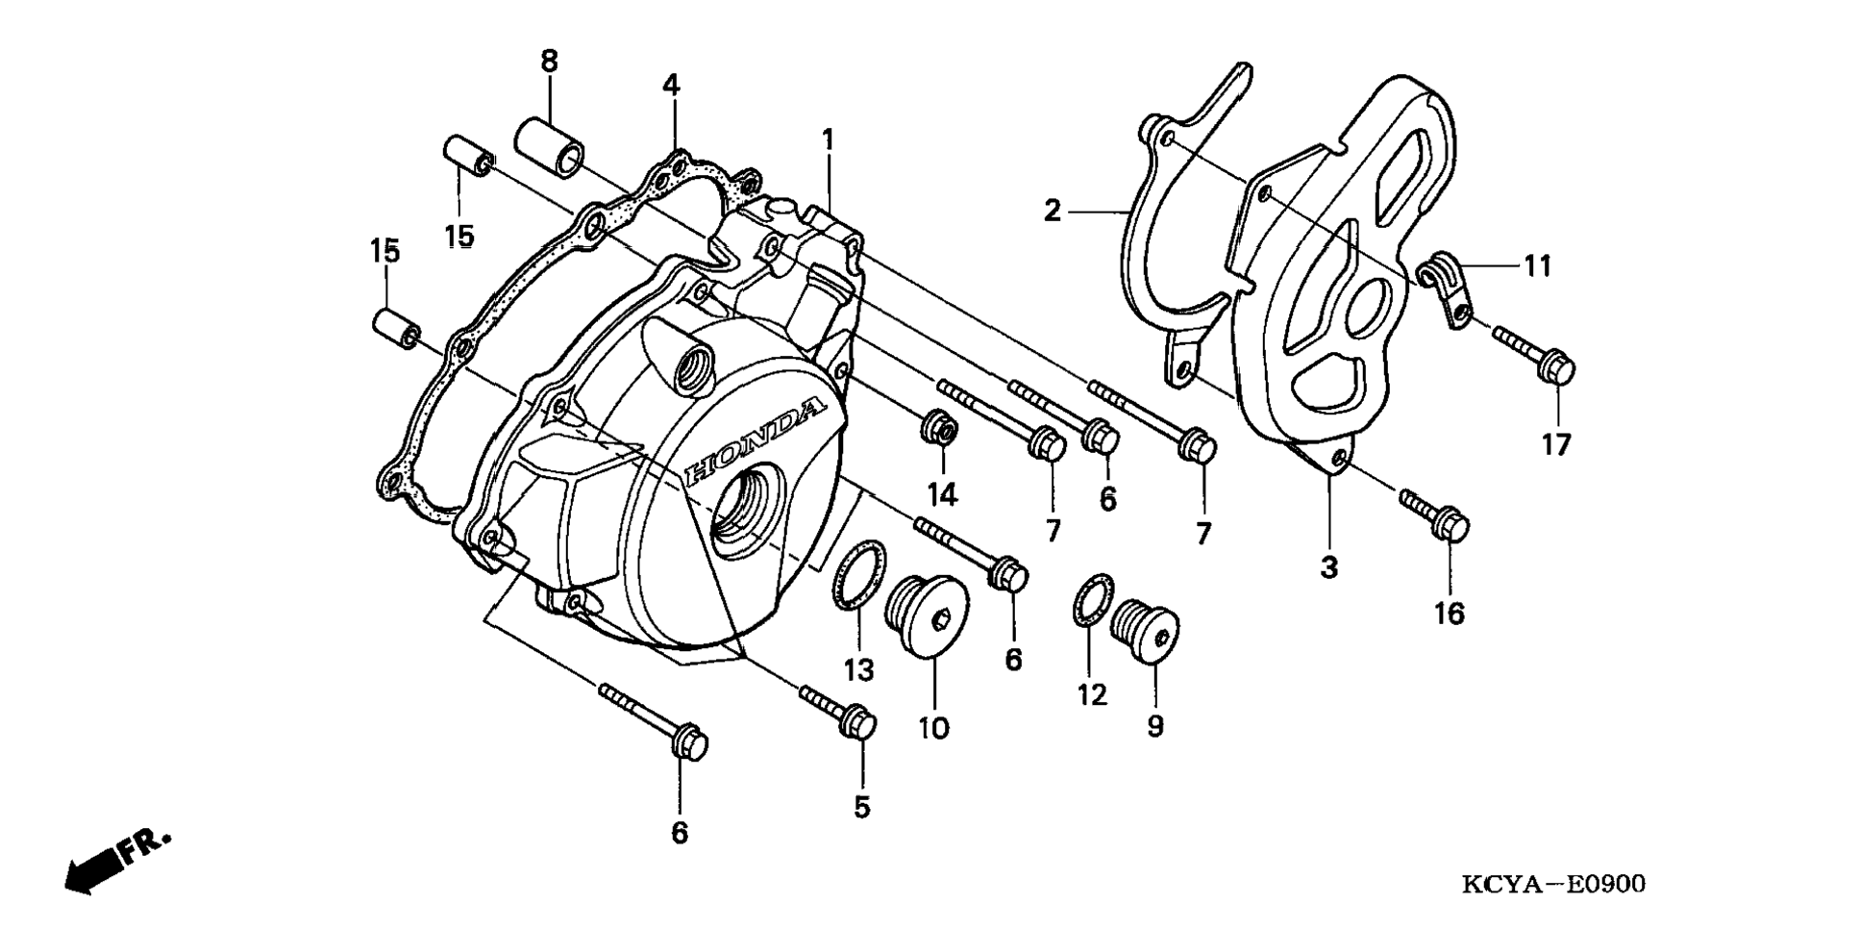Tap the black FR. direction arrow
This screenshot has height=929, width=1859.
click(116, 860)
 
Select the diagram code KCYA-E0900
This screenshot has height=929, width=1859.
click(1553, 884)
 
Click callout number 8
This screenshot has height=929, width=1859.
click(549, 63)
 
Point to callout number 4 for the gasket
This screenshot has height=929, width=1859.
click(670, 86)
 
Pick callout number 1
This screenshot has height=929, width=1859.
click(828, 140)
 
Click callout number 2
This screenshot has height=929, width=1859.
click(1053, 211)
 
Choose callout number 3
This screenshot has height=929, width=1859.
click(1328, 568)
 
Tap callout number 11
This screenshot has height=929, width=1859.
click(1538, 266)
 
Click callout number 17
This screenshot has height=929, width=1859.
click(1556, 444)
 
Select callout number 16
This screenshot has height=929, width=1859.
click(1449, 613)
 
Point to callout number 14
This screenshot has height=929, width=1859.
click(942, 494)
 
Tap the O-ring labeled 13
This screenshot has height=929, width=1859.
click(858, 575)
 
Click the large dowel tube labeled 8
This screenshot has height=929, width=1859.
click(550, 146)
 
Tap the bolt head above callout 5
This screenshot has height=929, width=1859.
click(857, 722)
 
